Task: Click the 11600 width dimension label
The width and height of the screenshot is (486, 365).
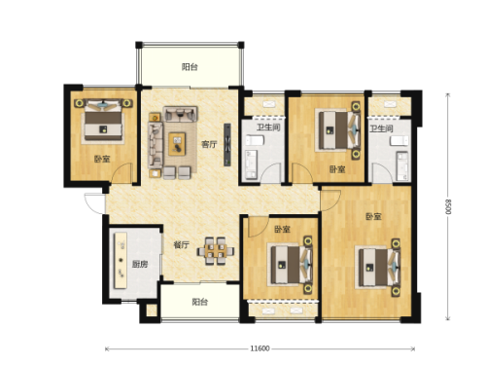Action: coord(260,348)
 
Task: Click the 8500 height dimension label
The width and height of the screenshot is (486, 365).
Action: coord(448,206)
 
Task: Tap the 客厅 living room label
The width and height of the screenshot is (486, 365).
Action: coord(209,144)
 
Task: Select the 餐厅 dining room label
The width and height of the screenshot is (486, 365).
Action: coord(181,244)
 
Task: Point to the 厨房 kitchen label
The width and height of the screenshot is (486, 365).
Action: coord(140,264)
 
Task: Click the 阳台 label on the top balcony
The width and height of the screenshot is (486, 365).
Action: coord(190,67)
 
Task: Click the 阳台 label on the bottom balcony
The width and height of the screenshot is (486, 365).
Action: coord(199,302)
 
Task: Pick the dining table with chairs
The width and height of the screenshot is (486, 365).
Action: coord(216,251)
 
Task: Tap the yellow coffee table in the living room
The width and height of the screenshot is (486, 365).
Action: coord(177,144)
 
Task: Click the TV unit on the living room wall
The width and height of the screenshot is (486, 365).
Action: coord(227,145)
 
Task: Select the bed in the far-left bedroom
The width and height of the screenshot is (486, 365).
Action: coord(103,122)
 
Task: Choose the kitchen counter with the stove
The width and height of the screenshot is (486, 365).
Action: coord(121,260)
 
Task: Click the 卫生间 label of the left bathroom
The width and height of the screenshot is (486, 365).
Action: coord(268,128)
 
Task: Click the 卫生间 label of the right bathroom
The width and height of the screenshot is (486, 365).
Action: coord(381,128)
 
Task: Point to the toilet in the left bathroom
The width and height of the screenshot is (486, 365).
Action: coord(256,140)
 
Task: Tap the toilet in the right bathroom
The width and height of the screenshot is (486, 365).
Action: coord(399,141)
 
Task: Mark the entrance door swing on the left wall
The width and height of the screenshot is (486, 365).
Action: coord(94,203)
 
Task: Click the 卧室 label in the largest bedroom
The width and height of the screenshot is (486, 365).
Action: coord(373,216)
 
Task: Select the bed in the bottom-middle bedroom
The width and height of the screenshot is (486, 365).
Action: coord(291,265)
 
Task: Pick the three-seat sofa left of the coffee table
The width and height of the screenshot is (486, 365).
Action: coord(156,145)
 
